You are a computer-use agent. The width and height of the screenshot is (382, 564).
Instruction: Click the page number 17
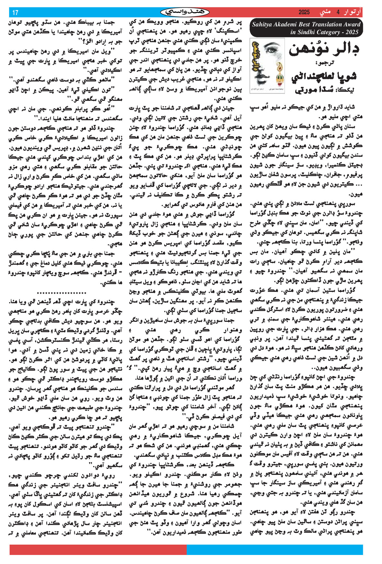15,13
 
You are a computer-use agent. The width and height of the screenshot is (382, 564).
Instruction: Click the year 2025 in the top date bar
304,13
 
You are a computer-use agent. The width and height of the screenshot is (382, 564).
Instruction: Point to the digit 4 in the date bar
338,13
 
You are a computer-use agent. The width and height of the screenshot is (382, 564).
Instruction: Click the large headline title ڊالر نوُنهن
324,49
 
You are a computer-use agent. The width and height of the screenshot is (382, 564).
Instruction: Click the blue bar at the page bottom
275,550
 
